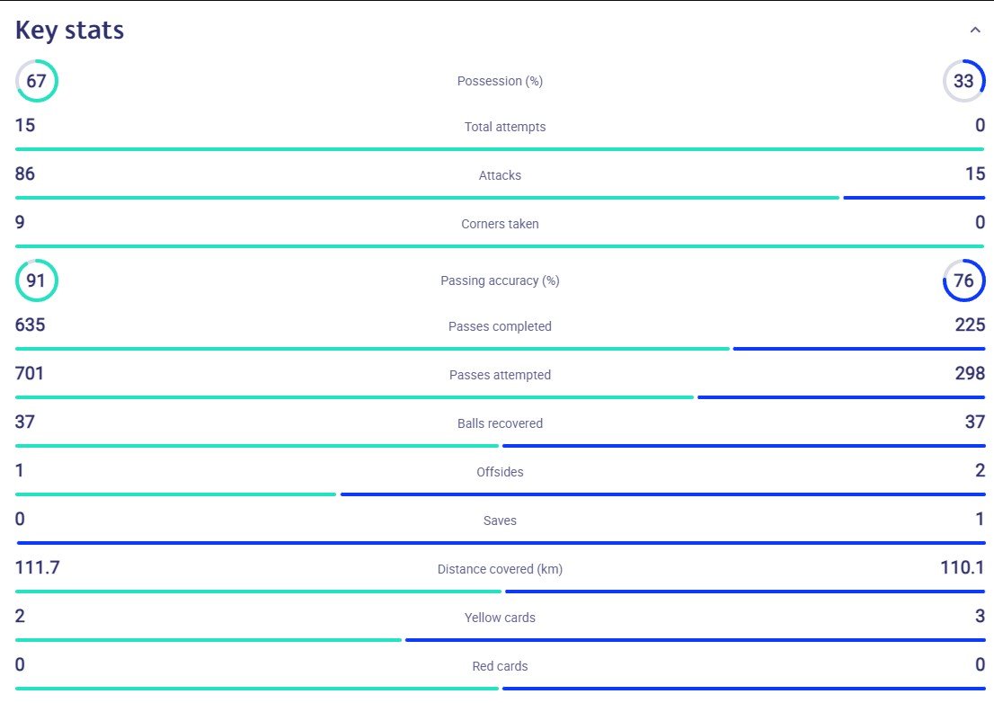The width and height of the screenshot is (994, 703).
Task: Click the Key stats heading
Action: pos(70,31)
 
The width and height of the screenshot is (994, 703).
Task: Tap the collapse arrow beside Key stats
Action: pos(975,30)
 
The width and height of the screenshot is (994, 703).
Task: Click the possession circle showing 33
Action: pos(984,81)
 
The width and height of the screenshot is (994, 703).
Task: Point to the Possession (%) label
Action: pos(500,81)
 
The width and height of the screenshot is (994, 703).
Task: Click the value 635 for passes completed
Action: pos(31,325)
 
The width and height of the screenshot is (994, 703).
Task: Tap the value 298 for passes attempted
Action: pos(970,373)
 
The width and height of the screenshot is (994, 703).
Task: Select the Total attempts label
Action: pos(504,127)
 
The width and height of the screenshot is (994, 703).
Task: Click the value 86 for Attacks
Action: pos(25,174)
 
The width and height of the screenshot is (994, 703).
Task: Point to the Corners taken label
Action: pos(500,224)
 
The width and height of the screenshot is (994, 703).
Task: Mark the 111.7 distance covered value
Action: pos(38,566)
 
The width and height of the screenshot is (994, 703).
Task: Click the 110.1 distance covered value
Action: pos(963,566)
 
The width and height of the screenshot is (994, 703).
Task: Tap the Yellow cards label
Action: pos(500,618)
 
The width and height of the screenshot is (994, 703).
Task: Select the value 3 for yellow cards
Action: pos(980,616)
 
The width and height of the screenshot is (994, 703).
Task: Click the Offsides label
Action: pos(500,472)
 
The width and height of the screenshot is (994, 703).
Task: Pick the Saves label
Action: pos(500,521)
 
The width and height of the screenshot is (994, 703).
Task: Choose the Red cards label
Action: pos(500,666)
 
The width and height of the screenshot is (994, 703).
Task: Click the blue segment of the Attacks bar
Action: pos(914,198)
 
